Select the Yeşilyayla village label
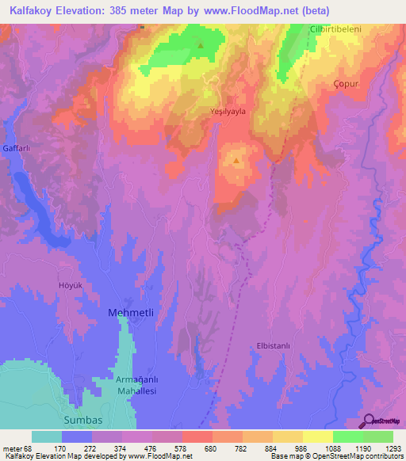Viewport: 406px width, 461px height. (x=228, y=112)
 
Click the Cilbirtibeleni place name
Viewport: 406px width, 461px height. (x=335, y=30)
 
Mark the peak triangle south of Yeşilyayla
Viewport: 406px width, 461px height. (x=236, y=161)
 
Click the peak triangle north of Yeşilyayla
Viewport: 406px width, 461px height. (x=200, y=45)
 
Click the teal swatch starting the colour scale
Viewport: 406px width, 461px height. (x=47, y=436)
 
